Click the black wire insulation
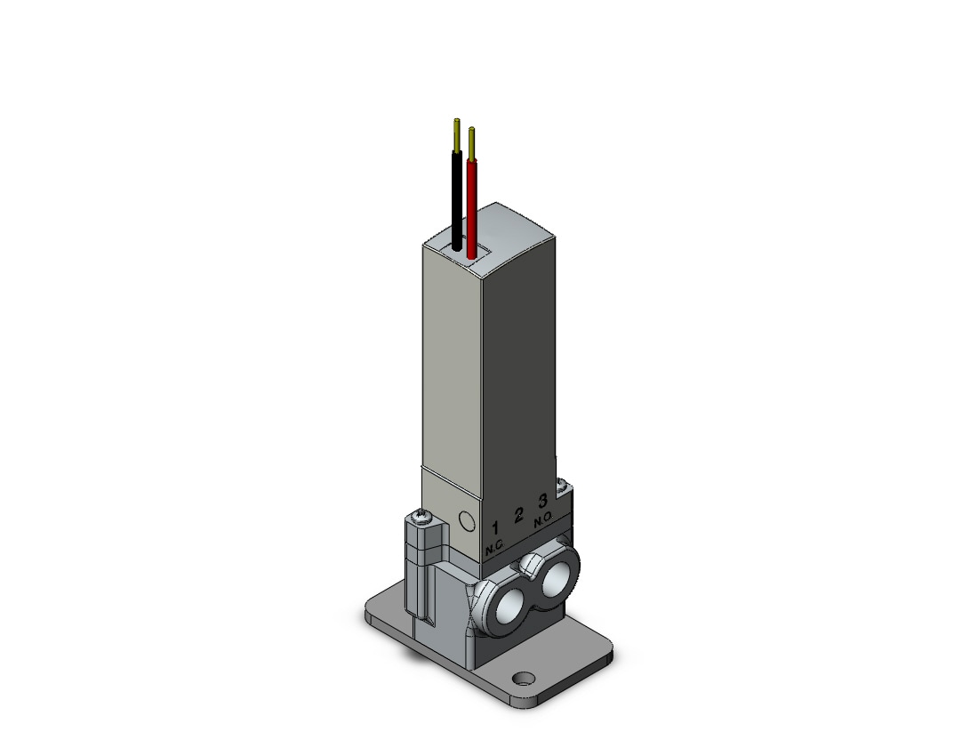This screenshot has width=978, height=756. [457, 199]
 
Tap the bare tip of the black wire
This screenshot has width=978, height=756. [457, 133]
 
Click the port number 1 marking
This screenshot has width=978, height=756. [495, 529]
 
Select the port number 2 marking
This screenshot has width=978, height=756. [518, 515]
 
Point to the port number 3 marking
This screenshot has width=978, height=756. [542, 500]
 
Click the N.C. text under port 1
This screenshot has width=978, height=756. [494, 548]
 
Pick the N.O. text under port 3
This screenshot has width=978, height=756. [543, 519]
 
